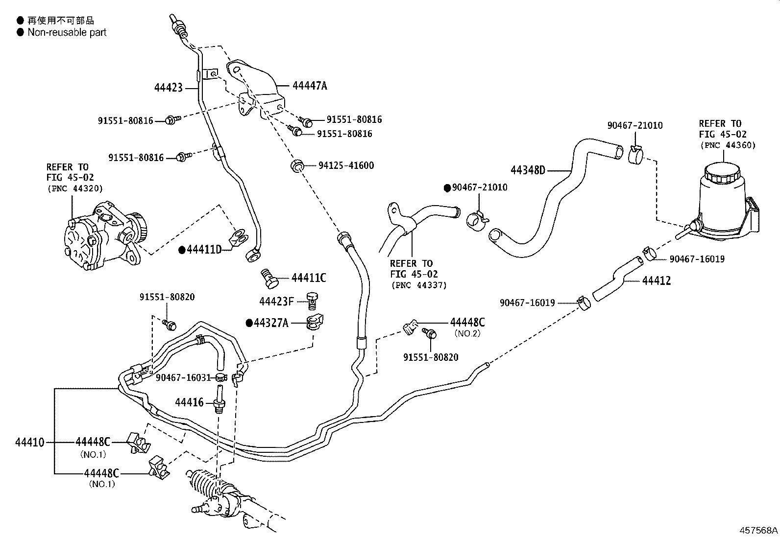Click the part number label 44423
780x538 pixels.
tap(168, 88)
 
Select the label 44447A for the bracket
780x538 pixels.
tap(309, 86)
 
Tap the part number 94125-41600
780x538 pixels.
tap(346, 166)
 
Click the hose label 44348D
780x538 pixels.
tap(528, 170)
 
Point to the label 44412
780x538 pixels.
tap(656, 281)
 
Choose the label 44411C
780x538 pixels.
tap(308, 278)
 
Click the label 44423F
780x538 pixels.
tap(276, 302)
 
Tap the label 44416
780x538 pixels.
tap(189, 402)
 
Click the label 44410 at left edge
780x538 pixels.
tap(29, 443)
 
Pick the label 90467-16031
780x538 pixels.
tap(183, 377)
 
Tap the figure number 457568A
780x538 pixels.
tap(758, 530)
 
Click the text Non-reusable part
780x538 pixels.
tap(67, 33)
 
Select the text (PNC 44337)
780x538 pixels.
tap(418, 285)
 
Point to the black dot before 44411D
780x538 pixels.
tap(182, 250)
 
